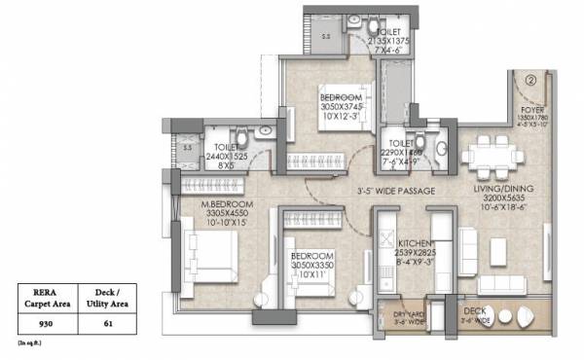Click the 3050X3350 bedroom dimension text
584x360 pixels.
312,265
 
